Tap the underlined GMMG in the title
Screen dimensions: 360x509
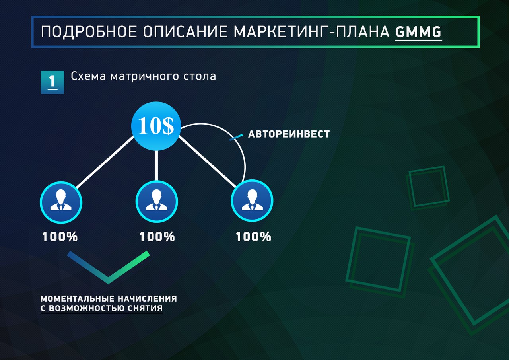(418, 32)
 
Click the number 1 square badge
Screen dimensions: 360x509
(52, 82)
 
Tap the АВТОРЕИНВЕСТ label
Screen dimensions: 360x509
(289, 134)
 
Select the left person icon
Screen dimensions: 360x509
(61, 201)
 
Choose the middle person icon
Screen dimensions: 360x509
(156, 201)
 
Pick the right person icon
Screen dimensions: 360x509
(252, 201)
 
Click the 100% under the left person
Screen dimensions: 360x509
(60, 237)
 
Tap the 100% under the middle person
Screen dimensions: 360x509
(157, 237)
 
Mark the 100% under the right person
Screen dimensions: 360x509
(253, 237)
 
